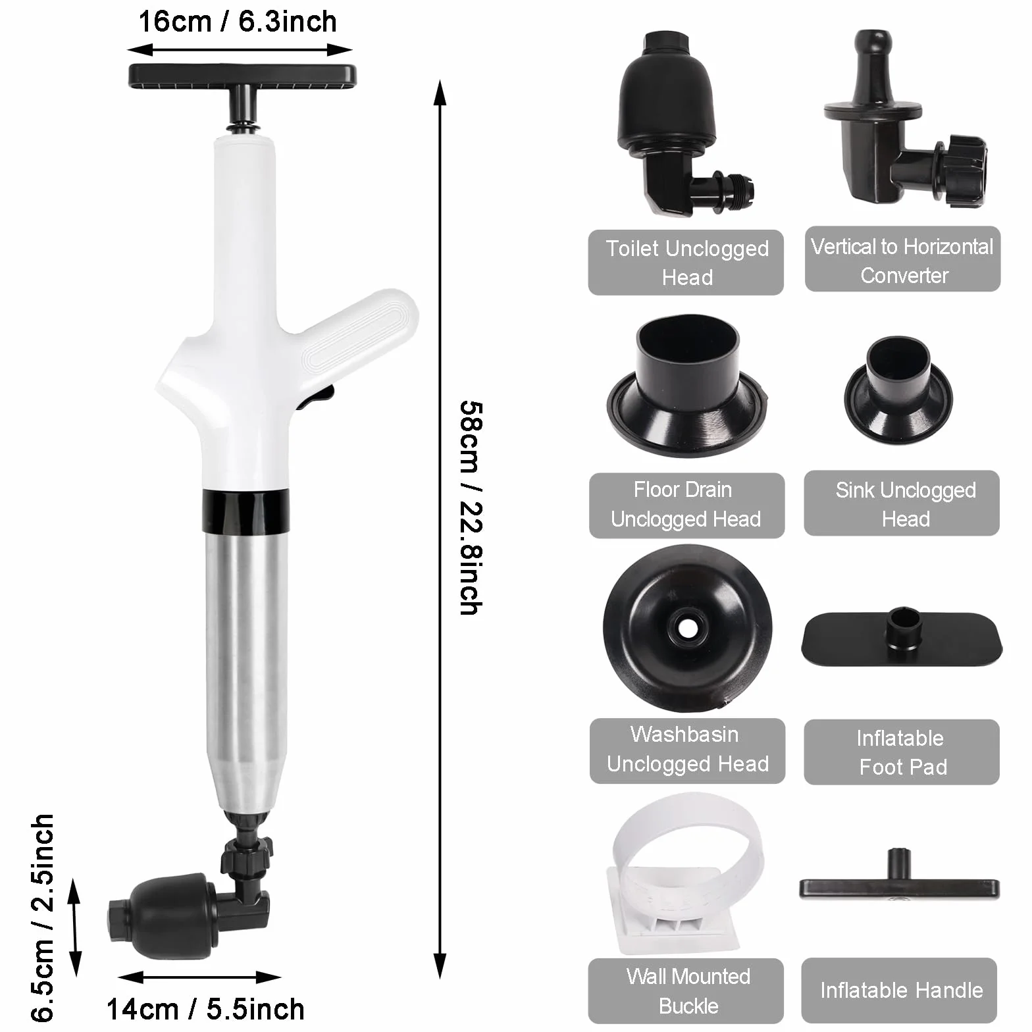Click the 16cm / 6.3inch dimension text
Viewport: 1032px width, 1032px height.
point(238,22)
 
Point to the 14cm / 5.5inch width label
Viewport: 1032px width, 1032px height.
point(205,1008)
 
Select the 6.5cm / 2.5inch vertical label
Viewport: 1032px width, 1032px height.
point(41,917)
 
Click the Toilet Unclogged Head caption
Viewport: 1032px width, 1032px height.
point(686,263)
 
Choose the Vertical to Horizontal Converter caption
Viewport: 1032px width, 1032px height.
point(902,261)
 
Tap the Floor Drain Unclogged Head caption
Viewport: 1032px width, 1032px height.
point(686,504)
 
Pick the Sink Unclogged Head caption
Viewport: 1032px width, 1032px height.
point(906,504)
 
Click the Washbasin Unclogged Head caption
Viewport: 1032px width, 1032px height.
point(687,749)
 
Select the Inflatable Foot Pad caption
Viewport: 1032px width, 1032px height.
point(902,752)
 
